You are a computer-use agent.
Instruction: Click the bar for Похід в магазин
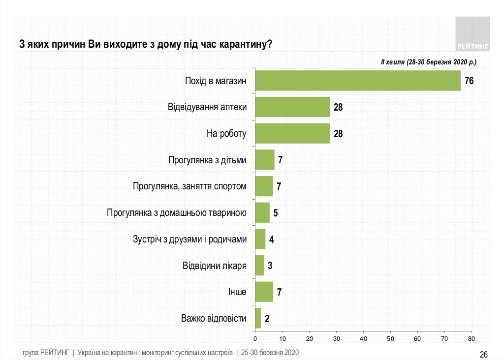click(358, 81)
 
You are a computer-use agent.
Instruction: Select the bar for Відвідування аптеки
click(292, 107)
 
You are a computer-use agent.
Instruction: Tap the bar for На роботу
click(292, 133)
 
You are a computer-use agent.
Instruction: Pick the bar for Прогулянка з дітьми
click(265, 160)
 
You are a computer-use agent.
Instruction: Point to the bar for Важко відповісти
click(258, 318)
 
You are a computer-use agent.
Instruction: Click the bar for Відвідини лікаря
click(259, 266)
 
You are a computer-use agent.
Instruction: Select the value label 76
click(469, 81)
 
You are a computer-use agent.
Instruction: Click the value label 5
click(276, 213)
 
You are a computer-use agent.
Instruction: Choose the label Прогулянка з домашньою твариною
click(176, 213)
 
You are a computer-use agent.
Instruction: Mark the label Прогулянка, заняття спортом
click(189, 186)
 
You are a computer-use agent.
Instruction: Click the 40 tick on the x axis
click(363, 339)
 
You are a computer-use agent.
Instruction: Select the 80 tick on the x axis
click(471, 339)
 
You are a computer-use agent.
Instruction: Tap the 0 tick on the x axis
click(255, 339)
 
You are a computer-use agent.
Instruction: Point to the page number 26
click(483, 354)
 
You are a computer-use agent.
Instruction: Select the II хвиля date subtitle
click(428, 62)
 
